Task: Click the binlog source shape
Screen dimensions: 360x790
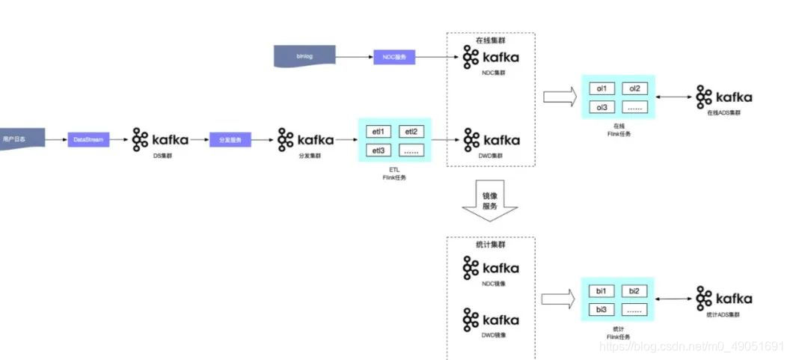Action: [304, 55]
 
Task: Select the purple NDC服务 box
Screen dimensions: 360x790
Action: [394, 56]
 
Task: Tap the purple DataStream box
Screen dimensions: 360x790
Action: [88, 139]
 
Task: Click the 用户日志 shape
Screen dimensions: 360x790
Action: [19, 139]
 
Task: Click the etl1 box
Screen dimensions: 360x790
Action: [379, 132]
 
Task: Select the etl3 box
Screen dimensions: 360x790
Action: [379, 150]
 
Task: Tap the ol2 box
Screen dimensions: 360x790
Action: [634, 88]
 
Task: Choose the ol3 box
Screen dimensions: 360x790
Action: [602, 107]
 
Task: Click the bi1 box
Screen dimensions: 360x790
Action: [601, 290]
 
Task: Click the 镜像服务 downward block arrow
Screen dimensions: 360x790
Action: [490, 201]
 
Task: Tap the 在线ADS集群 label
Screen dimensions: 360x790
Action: [723, 113]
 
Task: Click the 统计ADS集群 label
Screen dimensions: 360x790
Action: [723, 315]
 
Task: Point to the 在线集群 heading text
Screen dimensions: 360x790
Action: [490, 40]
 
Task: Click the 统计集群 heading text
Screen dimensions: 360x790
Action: [490, 245]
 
